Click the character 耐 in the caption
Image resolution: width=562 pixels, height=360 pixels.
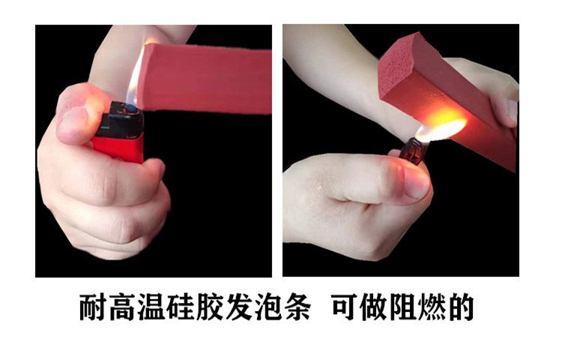(93, 307)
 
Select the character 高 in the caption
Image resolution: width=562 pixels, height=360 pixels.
(122, 307)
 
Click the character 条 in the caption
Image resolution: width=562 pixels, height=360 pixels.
(297, 307)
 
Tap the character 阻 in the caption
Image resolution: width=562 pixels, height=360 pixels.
(404, 307)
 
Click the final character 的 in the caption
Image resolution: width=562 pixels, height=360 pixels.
(462, 307)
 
